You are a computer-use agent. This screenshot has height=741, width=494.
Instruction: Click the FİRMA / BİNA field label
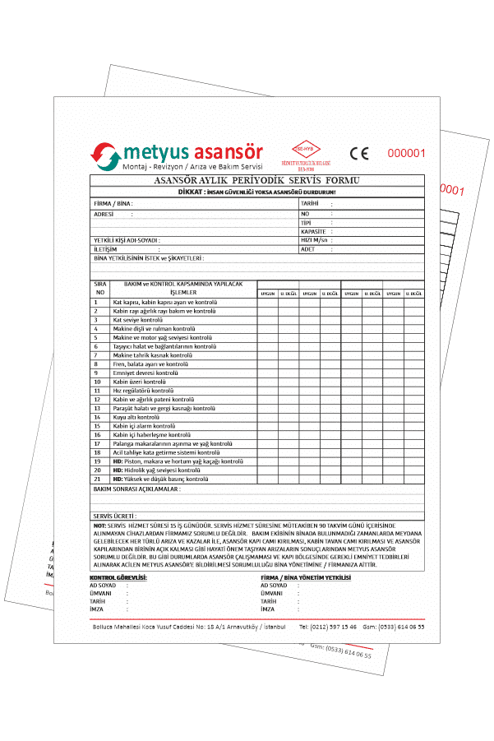coord(113,202)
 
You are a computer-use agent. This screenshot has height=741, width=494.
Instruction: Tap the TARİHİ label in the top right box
coord(309,202)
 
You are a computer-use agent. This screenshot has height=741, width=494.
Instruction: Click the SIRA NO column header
coord(100,287)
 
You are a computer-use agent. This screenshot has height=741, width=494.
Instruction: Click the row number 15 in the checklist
coord(97,426)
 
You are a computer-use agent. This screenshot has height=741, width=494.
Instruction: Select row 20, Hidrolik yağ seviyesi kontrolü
coord(156,470)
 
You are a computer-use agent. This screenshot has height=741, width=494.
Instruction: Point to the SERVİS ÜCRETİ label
coord(114,516)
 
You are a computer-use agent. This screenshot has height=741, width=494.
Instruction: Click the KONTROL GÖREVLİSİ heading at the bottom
coord(118,578)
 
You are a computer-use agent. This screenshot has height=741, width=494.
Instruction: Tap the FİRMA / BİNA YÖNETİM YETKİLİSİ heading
coord(305,578)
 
